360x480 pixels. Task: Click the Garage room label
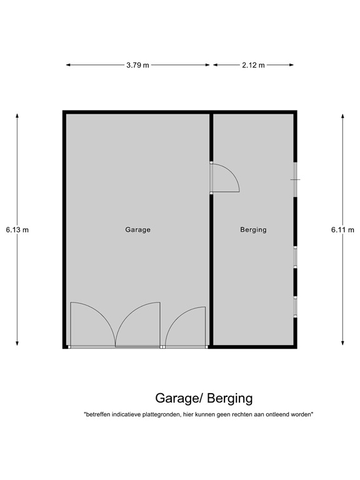[137, 229]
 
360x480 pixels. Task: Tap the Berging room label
[253, 229]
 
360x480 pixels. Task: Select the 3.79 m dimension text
[137, 64]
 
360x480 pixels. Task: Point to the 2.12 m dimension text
[253, 64]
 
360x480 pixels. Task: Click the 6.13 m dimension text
[17, 229]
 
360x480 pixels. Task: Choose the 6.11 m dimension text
[342, 229]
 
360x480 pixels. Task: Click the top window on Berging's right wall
[295, 180]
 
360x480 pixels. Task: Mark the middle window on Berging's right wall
[295, 257]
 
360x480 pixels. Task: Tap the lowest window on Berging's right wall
[295, 306]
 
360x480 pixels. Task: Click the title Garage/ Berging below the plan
[204, 398]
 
